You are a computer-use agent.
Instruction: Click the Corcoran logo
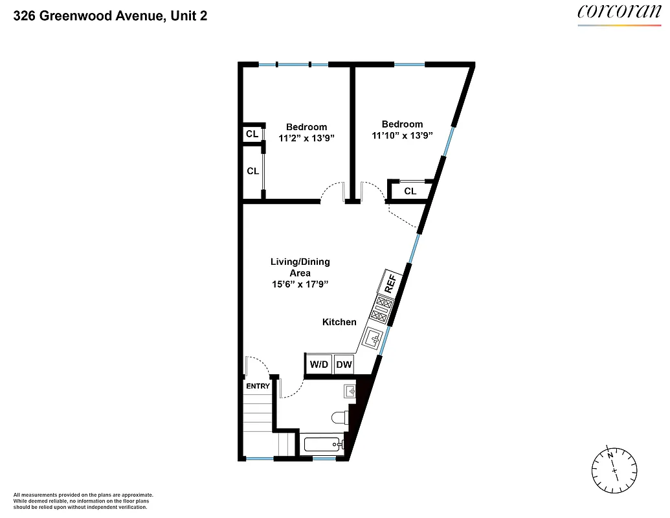(620, 12)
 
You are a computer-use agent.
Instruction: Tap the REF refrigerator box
(391, 283)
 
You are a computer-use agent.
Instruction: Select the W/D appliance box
(319, 365)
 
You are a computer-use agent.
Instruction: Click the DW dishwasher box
(344, 365)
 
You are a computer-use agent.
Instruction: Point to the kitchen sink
(374, 338)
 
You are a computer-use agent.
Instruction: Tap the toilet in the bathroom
(340, 418)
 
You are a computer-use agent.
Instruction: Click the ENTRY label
(258, 387)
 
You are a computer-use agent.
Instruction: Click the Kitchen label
(339, 322)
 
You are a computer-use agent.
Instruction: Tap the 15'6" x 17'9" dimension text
(300, 285)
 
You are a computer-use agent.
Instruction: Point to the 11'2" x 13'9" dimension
(306, 138)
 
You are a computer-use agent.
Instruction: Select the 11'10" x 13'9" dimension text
(402, 135)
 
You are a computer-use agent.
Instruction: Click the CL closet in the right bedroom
(410, 191)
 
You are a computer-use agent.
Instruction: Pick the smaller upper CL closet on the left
(252, 134)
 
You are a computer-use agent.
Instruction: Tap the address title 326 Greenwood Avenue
(110, 16)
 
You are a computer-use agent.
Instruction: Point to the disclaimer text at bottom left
(83, 501)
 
